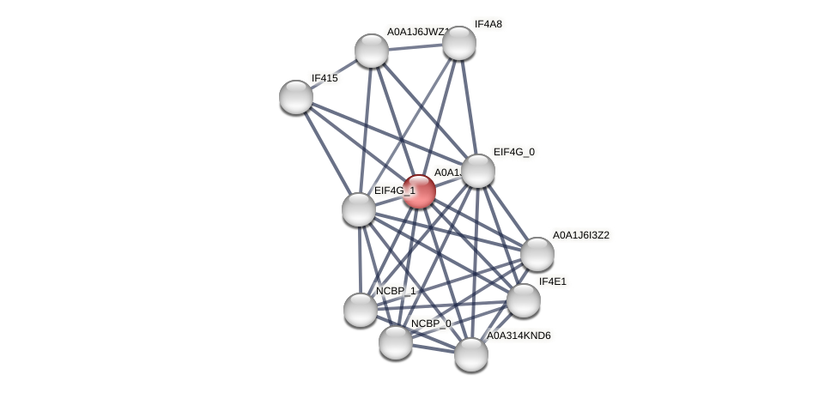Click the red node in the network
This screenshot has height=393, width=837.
pyautogui.click(x=419, y=191)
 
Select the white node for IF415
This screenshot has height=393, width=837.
pyautogui.click(x=296, y=97)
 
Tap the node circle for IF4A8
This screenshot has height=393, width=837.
pyautogui.click(x=459, y=43)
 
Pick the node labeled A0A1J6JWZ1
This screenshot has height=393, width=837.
pyautogui.click(x=372, y=51)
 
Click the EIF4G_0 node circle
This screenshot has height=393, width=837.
pyautogui.click(x=478, y=171)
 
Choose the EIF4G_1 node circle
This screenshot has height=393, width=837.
pyautogui.click(x=359, y=209)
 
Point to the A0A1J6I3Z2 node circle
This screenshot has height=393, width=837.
pyautogui.click(x=537, y=254)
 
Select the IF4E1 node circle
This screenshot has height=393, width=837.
pyautogui.click(x=524, y=300)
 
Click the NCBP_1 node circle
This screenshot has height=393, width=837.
pyautogui.click(x=361, y=310)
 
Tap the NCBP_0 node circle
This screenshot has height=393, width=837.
pyautogui.click(x=396, y=342)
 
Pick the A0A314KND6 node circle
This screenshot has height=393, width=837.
pyautogui.click(x=471, y=354)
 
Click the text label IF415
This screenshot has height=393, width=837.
pyautogui.click(x=324, y=78)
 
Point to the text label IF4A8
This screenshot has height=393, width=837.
pyautogui.click(x=488, y=24)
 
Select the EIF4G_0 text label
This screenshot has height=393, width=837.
pyautogui.click(x=513, y=152)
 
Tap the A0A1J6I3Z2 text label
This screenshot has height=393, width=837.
pyautogui.click(x=580, y=235)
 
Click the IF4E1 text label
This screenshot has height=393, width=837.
pyautogui.click(x=552, y=281)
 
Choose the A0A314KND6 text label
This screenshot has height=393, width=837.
pyautogui.click(x=519, y=336)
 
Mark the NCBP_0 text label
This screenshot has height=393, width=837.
pyautogui.click(x=430, y=323)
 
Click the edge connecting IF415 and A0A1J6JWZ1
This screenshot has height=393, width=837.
pyautogui.click(x=334, y=74)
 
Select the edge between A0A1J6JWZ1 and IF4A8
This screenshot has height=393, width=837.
pyautogui.click(x=415, y=46)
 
